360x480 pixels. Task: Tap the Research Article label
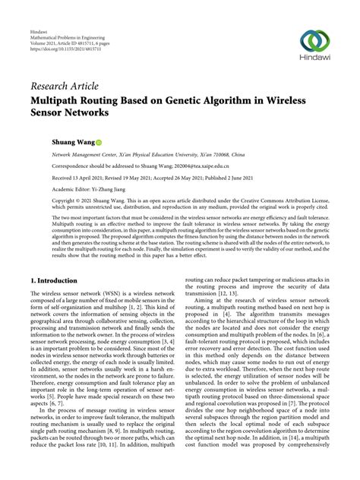tap(65, 87)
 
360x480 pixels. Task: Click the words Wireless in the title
tap(306, 99)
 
